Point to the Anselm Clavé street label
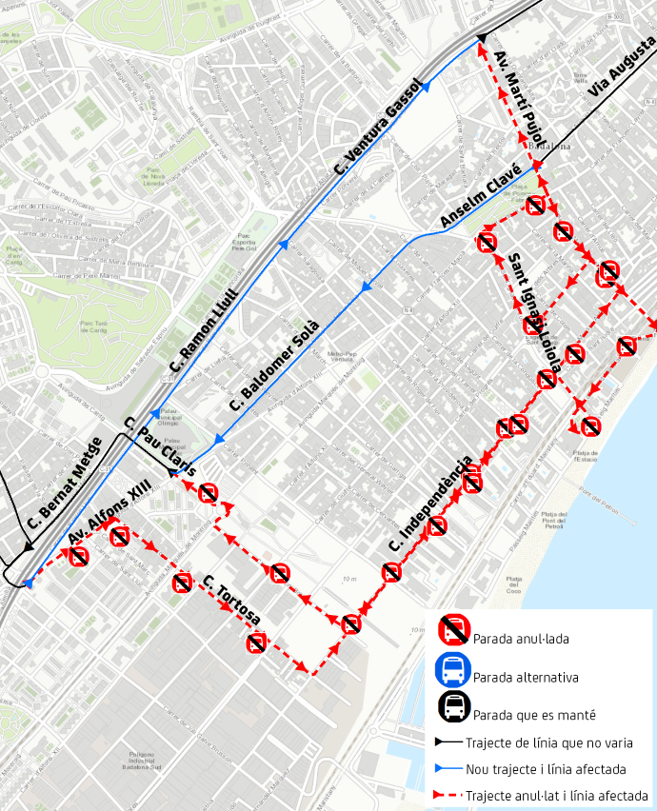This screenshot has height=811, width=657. (480, 197)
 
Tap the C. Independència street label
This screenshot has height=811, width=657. (430, 505)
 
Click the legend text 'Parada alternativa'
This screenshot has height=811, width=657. (526, 678)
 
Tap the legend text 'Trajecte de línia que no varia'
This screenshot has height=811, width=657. (549, 742)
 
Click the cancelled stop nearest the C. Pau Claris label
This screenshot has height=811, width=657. (208, 492)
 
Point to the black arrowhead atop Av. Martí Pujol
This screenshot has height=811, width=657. (482, 38)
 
